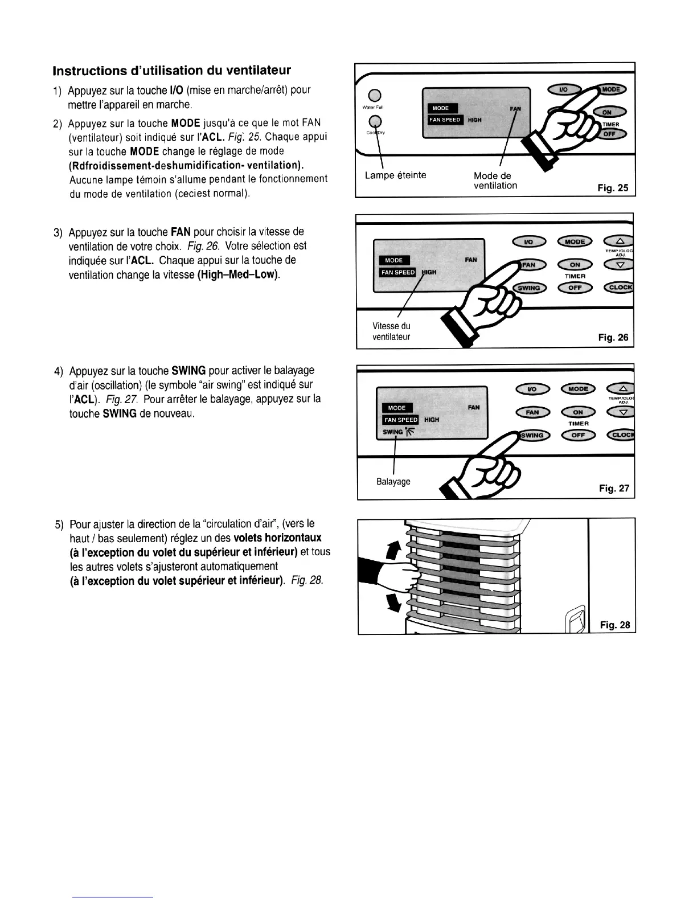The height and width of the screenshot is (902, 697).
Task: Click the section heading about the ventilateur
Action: tap(171, 71)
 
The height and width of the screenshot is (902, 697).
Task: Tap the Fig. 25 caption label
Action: tap(613, 188)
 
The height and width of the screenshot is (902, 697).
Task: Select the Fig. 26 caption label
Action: tap(613, 338)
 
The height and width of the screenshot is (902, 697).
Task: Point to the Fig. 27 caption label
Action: tap(614, 488)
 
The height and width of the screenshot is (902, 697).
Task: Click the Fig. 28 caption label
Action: tap(615, 625)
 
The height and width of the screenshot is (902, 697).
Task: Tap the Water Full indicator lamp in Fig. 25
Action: tap(374, 95)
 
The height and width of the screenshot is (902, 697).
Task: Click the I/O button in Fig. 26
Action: tap(528, 241)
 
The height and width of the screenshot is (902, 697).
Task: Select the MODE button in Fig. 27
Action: tap(577, 389)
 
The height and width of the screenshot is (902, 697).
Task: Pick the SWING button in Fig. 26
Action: tap(530, 288)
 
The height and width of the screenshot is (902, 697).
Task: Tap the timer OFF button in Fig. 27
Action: tap(577, 436)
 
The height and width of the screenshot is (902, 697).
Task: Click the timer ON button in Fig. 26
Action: tap(575, 264)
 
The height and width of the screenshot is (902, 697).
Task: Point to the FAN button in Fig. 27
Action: tap(531, 412)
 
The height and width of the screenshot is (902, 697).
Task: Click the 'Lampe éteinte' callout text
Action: tap(395, 175)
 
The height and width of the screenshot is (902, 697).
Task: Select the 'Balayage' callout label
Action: tap(393, 482)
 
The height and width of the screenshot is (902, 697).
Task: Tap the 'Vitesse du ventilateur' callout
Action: tap(391, 331)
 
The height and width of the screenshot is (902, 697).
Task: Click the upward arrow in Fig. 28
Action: tap(391, 551)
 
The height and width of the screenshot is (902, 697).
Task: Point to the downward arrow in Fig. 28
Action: tap(392, 600)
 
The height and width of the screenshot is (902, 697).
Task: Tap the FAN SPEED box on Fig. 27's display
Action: tap(400, 420)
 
